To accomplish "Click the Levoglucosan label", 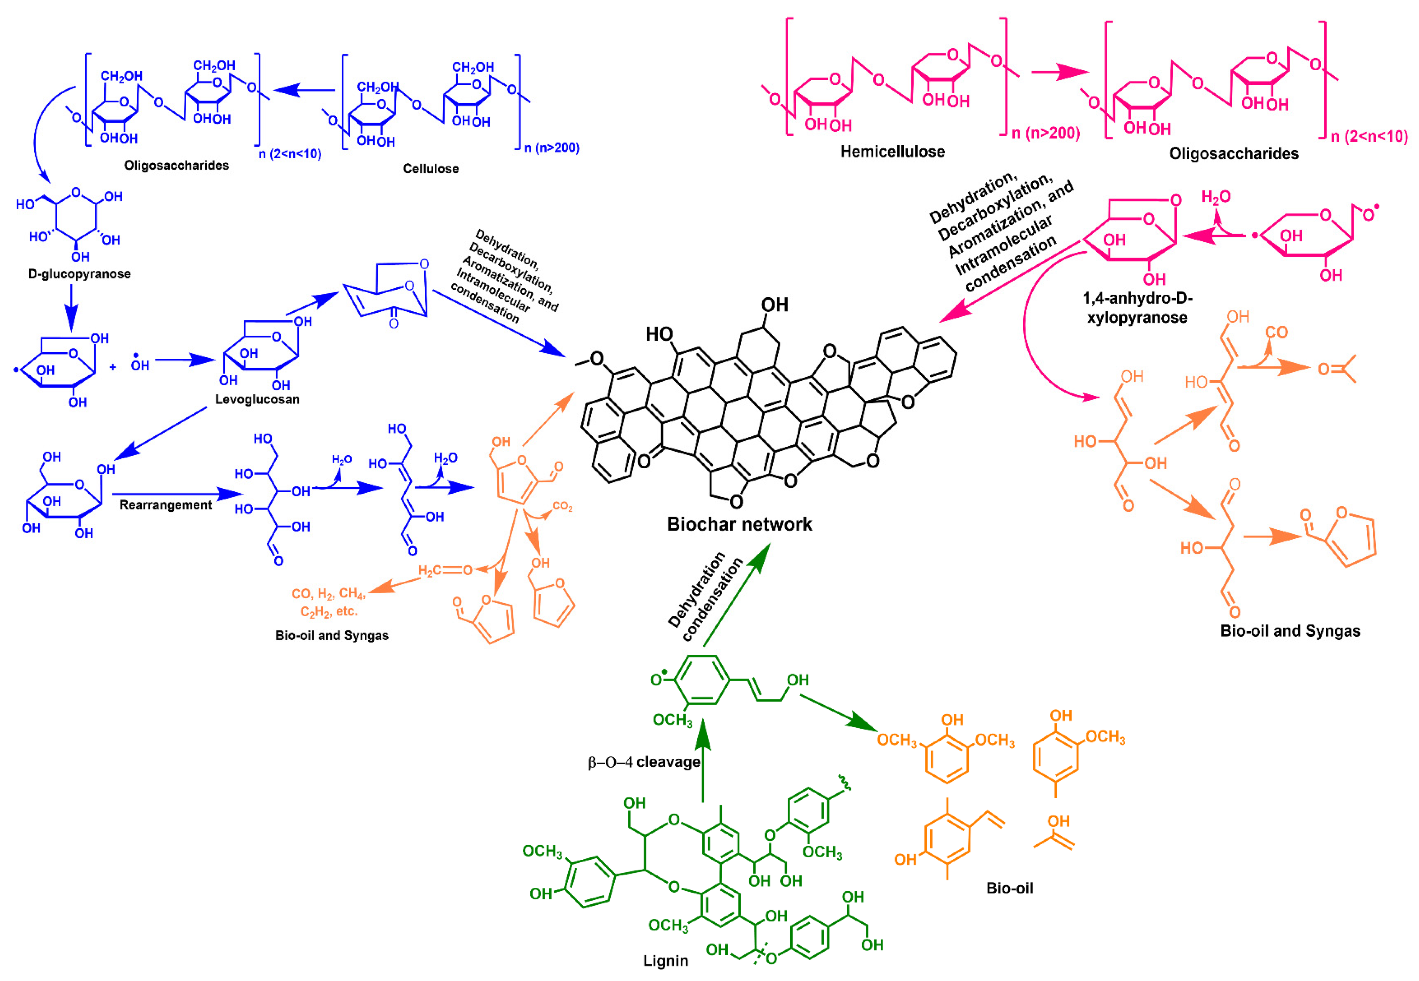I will click(x=257, y=400).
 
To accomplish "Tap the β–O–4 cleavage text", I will click(x=644, y=762).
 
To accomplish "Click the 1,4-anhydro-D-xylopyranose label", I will click(x=1137, y=308).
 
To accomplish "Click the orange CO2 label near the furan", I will click(x=562, y=506).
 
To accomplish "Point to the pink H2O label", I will click(x=1215, y=197).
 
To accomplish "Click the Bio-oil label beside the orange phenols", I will click(x=1009, y=888).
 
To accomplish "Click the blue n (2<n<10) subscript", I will click(x=290, y=154).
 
